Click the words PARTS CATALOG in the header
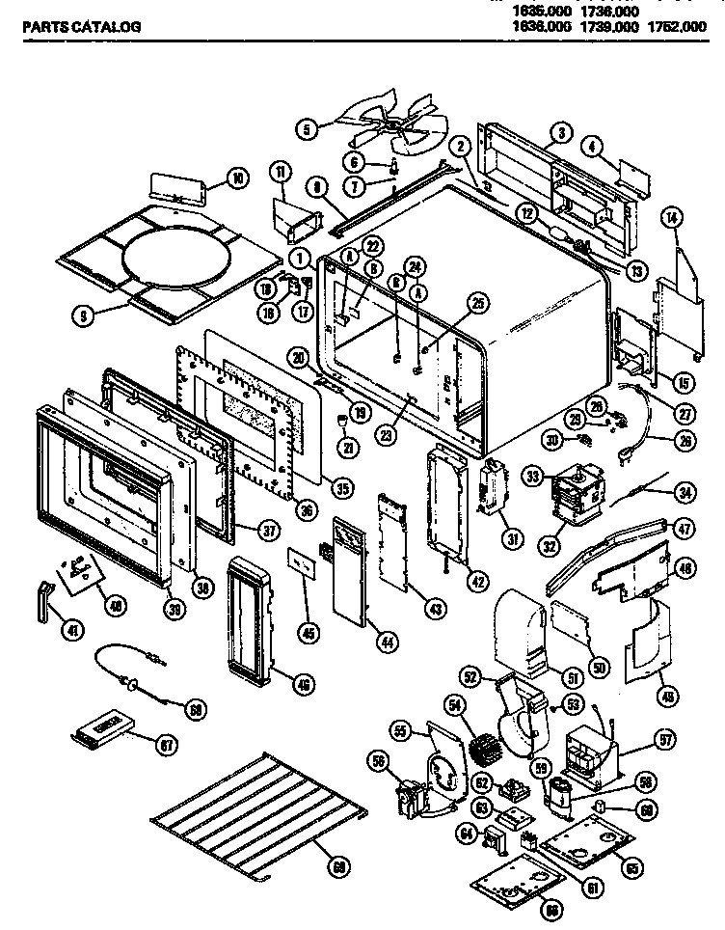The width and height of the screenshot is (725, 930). pyautogui.click(x=81, y=28)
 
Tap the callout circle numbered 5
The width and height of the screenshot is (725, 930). pyautogui.click(x=306, y=126)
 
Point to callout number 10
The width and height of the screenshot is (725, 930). pyautogui.click(x=237, y=178)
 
